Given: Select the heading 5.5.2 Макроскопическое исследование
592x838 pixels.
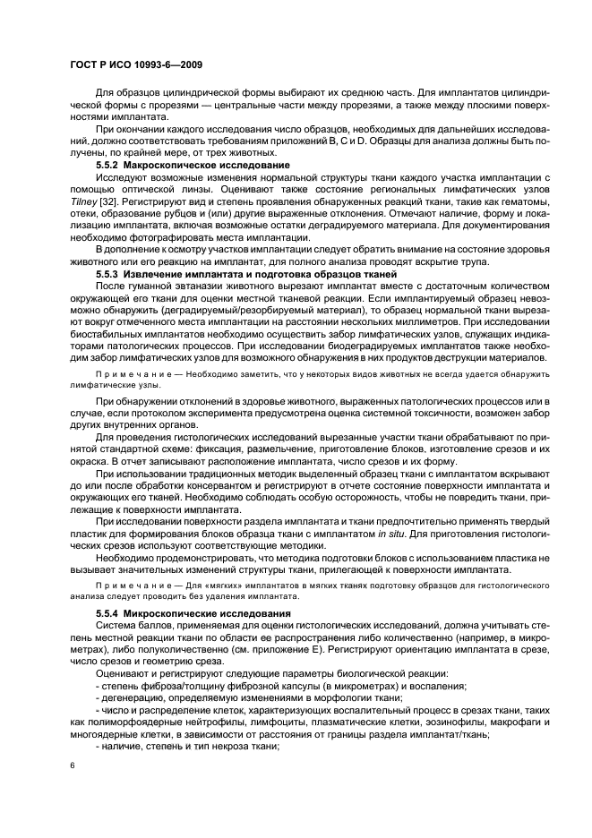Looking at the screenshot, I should tap(193, 167).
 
